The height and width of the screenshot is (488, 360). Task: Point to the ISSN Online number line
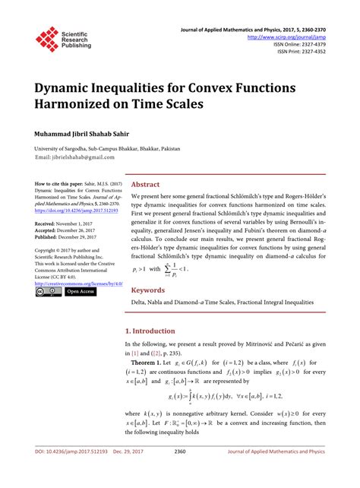(x=304, y=43)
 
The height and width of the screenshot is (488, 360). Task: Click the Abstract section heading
(x=146, y=184)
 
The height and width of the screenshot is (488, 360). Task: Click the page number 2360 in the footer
(x=180, y=473)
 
